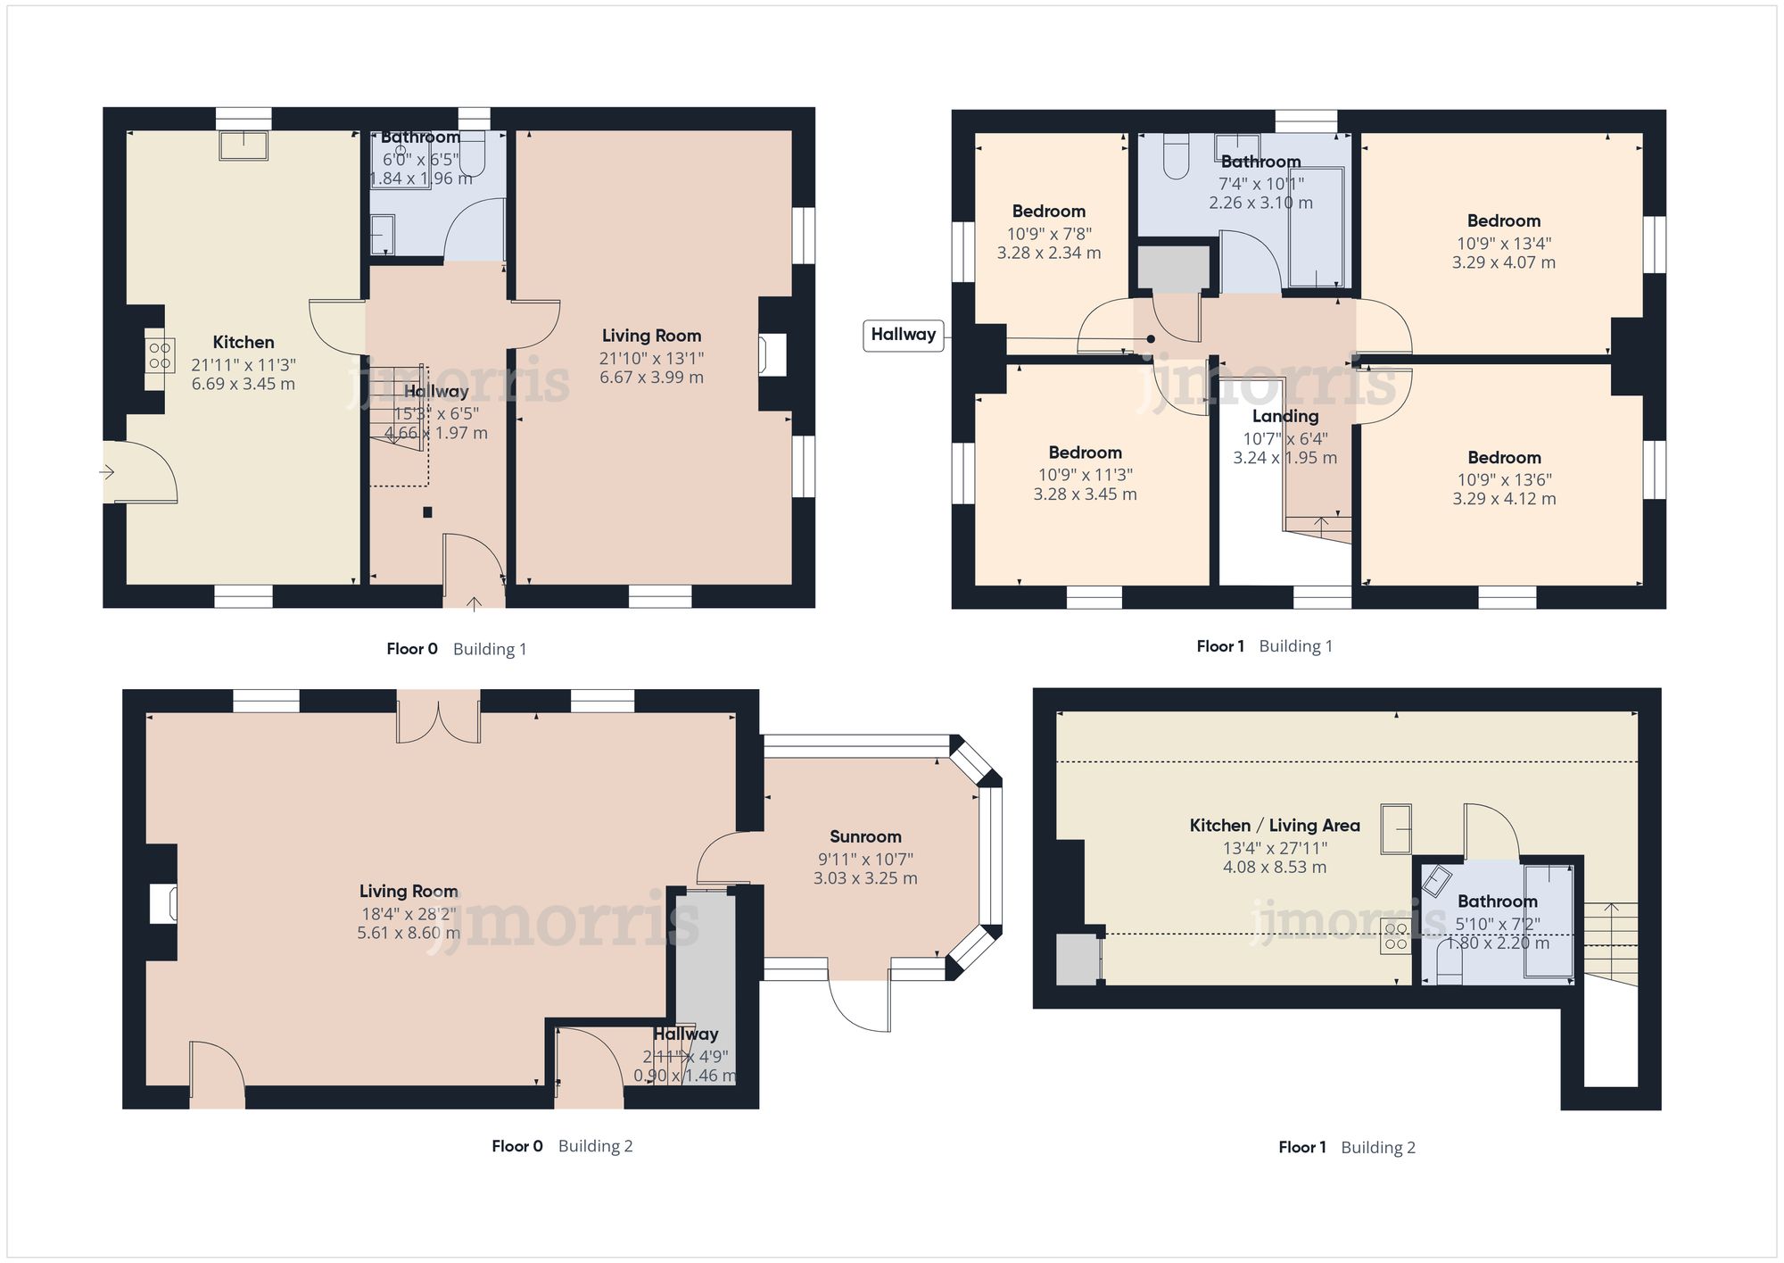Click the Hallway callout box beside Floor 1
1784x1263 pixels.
(903, 336)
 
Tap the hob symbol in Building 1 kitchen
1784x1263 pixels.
(161, 354)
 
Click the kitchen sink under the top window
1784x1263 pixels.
(244, 145)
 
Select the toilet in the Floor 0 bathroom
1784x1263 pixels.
(473, 154)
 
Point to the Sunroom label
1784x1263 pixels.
(865, 837)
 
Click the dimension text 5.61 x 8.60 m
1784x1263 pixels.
(409, 934)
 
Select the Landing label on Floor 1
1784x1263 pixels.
(1284, 417)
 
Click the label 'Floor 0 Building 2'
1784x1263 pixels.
(562, 1146)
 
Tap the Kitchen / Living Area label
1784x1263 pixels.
(1274, 827)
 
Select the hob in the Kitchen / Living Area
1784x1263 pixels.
(1396, 936)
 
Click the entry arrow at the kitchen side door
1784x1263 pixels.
(108, 472)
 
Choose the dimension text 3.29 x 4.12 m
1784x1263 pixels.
(1504, 499)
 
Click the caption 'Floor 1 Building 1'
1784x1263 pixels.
(1264, 646)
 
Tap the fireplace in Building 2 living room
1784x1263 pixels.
(163, 903)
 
